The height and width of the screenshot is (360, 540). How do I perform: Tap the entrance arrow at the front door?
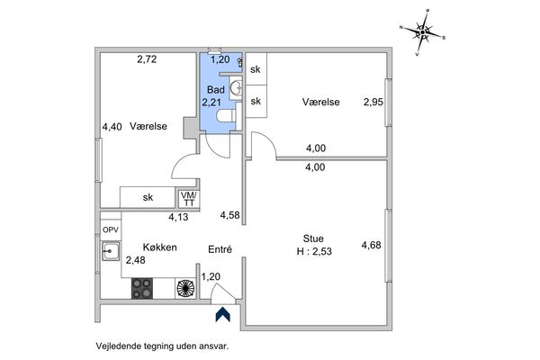click(220, 313)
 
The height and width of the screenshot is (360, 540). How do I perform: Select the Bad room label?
click(215, 90)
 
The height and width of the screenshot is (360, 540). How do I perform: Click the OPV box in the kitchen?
click(110, 229)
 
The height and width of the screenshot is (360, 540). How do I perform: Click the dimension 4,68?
click(371, 244)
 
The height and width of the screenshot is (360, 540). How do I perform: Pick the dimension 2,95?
click(373, 103)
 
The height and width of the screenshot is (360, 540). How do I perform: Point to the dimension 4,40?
click(112, 127)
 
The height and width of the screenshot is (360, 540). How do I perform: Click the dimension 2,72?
click(147, 59)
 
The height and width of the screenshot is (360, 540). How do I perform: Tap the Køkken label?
click(159, 247)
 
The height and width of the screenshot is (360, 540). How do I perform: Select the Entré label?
click(220, 248)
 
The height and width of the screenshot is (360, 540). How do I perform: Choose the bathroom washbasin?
click(236, 87)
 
